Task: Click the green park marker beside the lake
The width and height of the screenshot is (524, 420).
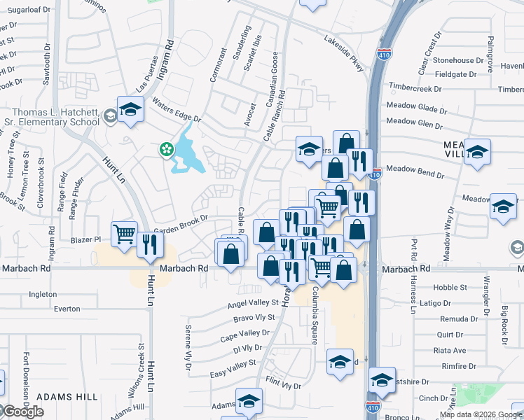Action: [x=166, y=148]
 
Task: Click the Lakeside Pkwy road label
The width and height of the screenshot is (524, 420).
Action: [x=345, y=53]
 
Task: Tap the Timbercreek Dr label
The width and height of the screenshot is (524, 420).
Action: [x=414, y=90]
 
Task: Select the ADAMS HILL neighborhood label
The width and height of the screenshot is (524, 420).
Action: [x=67, y=397]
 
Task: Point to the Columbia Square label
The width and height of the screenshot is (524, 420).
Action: [x=315, y=314]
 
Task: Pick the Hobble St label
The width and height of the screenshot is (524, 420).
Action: [x=450, y=288]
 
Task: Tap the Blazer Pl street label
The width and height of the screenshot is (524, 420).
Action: [x=87, y=239]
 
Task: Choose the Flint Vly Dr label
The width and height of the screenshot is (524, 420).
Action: [x=284, y=386]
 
